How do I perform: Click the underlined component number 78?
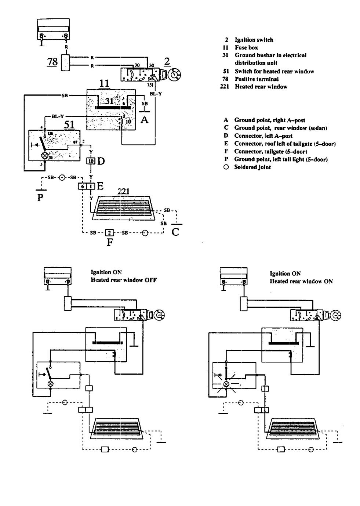click(52, 61)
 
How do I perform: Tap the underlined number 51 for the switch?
click(69, 124)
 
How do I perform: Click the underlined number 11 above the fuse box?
click(104, 84)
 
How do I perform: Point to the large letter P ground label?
click(41, 198)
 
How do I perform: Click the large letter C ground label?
click(175, 232)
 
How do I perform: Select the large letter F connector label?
click(110, 242)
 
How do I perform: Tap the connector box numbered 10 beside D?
click(91, 160)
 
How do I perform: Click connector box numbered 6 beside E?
click(82, 186)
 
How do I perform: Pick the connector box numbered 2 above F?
click(109, 232)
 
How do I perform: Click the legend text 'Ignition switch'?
click(254, 40)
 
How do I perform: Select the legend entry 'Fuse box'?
click(246, 47)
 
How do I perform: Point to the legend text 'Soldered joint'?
click(252, 167)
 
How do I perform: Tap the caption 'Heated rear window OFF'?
click(124, 280)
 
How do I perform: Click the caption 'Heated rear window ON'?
click(301, 281)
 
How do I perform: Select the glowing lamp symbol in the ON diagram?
click(227, 383)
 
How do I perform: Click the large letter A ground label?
click(145, 120)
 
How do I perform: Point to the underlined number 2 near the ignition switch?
click(167, 61)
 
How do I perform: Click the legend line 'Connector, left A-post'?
click(263, 135)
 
